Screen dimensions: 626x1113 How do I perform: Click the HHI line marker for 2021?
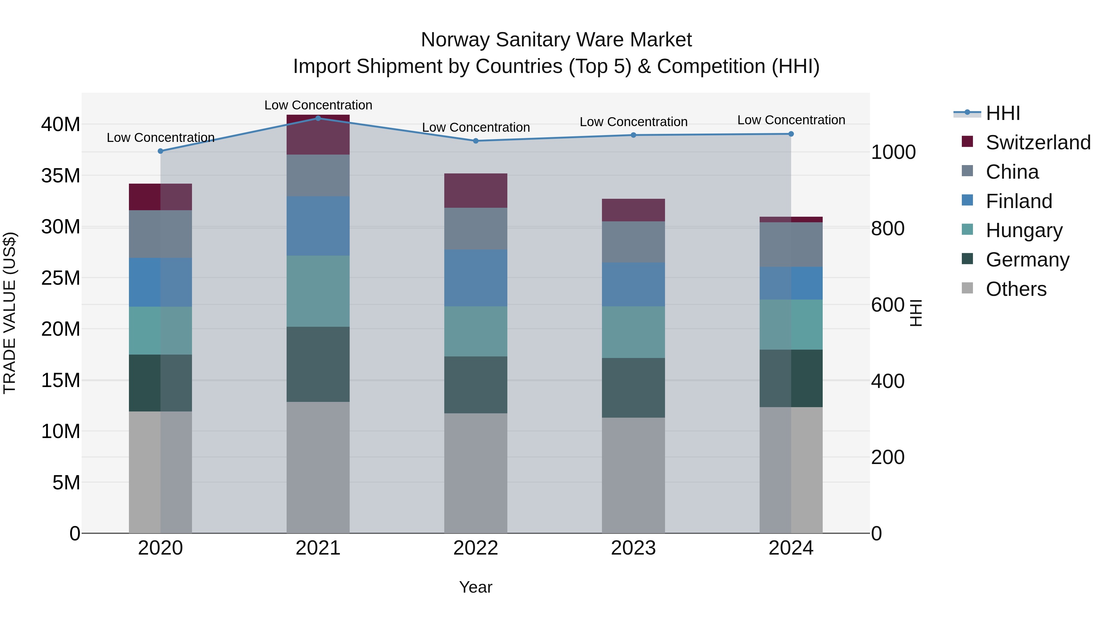click(318, 118)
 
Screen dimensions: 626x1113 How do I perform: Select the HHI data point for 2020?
click(160, 151)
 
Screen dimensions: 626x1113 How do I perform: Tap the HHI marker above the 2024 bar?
click(791, 134)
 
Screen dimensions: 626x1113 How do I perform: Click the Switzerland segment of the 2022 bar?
click(476, 190)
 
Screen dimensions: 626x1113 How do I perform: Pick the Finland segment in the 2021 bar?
click(318, 226)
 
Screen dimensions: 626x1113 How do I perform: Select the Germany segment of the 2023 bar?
click(633, 388)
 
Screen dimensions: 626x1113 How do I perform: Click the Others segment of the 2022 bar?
click(476, 473)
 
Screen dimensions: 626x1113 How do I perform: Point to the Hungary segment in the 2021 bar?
click(318, 291)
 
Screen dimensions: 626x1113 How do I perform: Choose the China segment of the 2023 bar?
click(633, 242)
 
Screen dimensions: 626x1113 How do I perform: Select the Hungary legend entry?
click(1024, 230)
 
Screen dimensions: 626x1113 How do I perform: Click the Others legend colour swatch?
click(967, 288)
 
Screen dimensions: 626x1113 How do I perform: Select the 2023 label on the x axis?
click(633, 548)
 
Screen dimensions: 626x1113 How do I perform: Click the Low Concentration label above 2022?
click(476, 127)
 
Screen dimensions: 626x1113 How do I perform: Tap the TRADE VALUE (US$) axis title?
click(10, 313)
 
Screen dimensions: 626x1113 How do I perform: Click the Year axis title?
click(476, 587)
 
